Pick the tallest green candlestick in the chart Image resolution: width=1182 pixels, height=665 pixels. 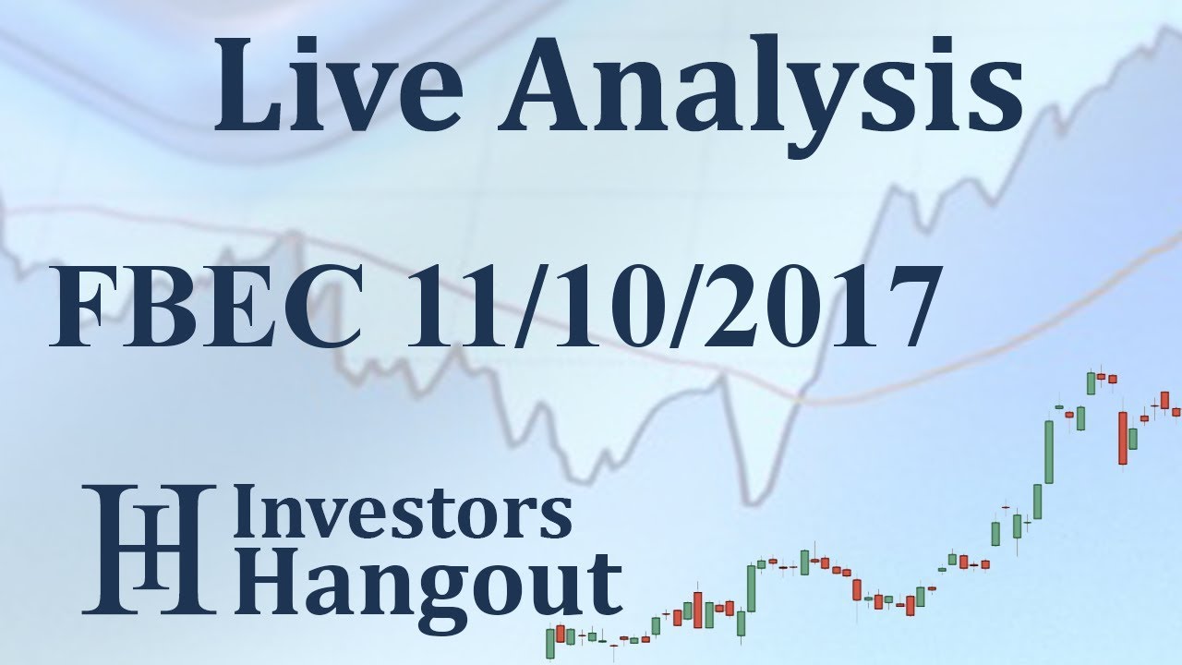[1049, 452]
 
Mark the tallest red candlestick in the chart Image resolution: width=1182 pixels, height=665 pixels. [1123, 437]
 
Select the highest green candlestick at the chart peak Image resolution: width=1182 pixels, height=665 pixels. [1092, 382]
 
